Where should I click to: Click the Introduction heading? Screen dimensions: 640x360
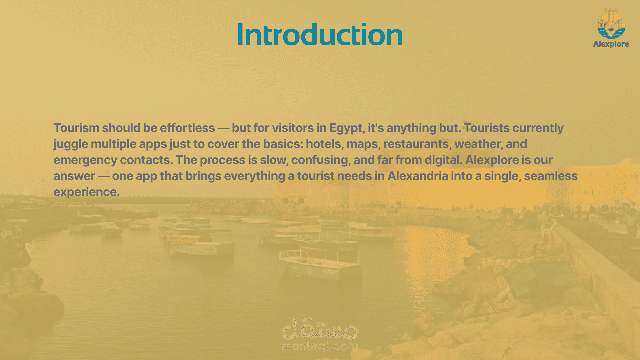(x=320, y=35)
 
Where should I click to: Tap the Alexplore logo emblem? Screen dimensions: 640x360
(x=611, y=23)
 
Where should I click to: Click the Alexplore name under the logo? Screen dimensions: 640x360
(x=611, y=44)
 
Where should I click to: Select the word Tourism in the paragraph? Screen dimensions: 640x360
(x=76, y=128)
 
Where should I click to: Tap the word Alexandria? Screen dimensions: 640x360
(x=418, y=176)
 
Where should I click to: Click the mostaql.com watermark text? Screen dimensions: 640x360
(x=320, y=347)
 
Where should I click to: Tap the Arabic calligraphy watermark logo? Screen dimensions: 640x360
(x=320, y=328)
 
